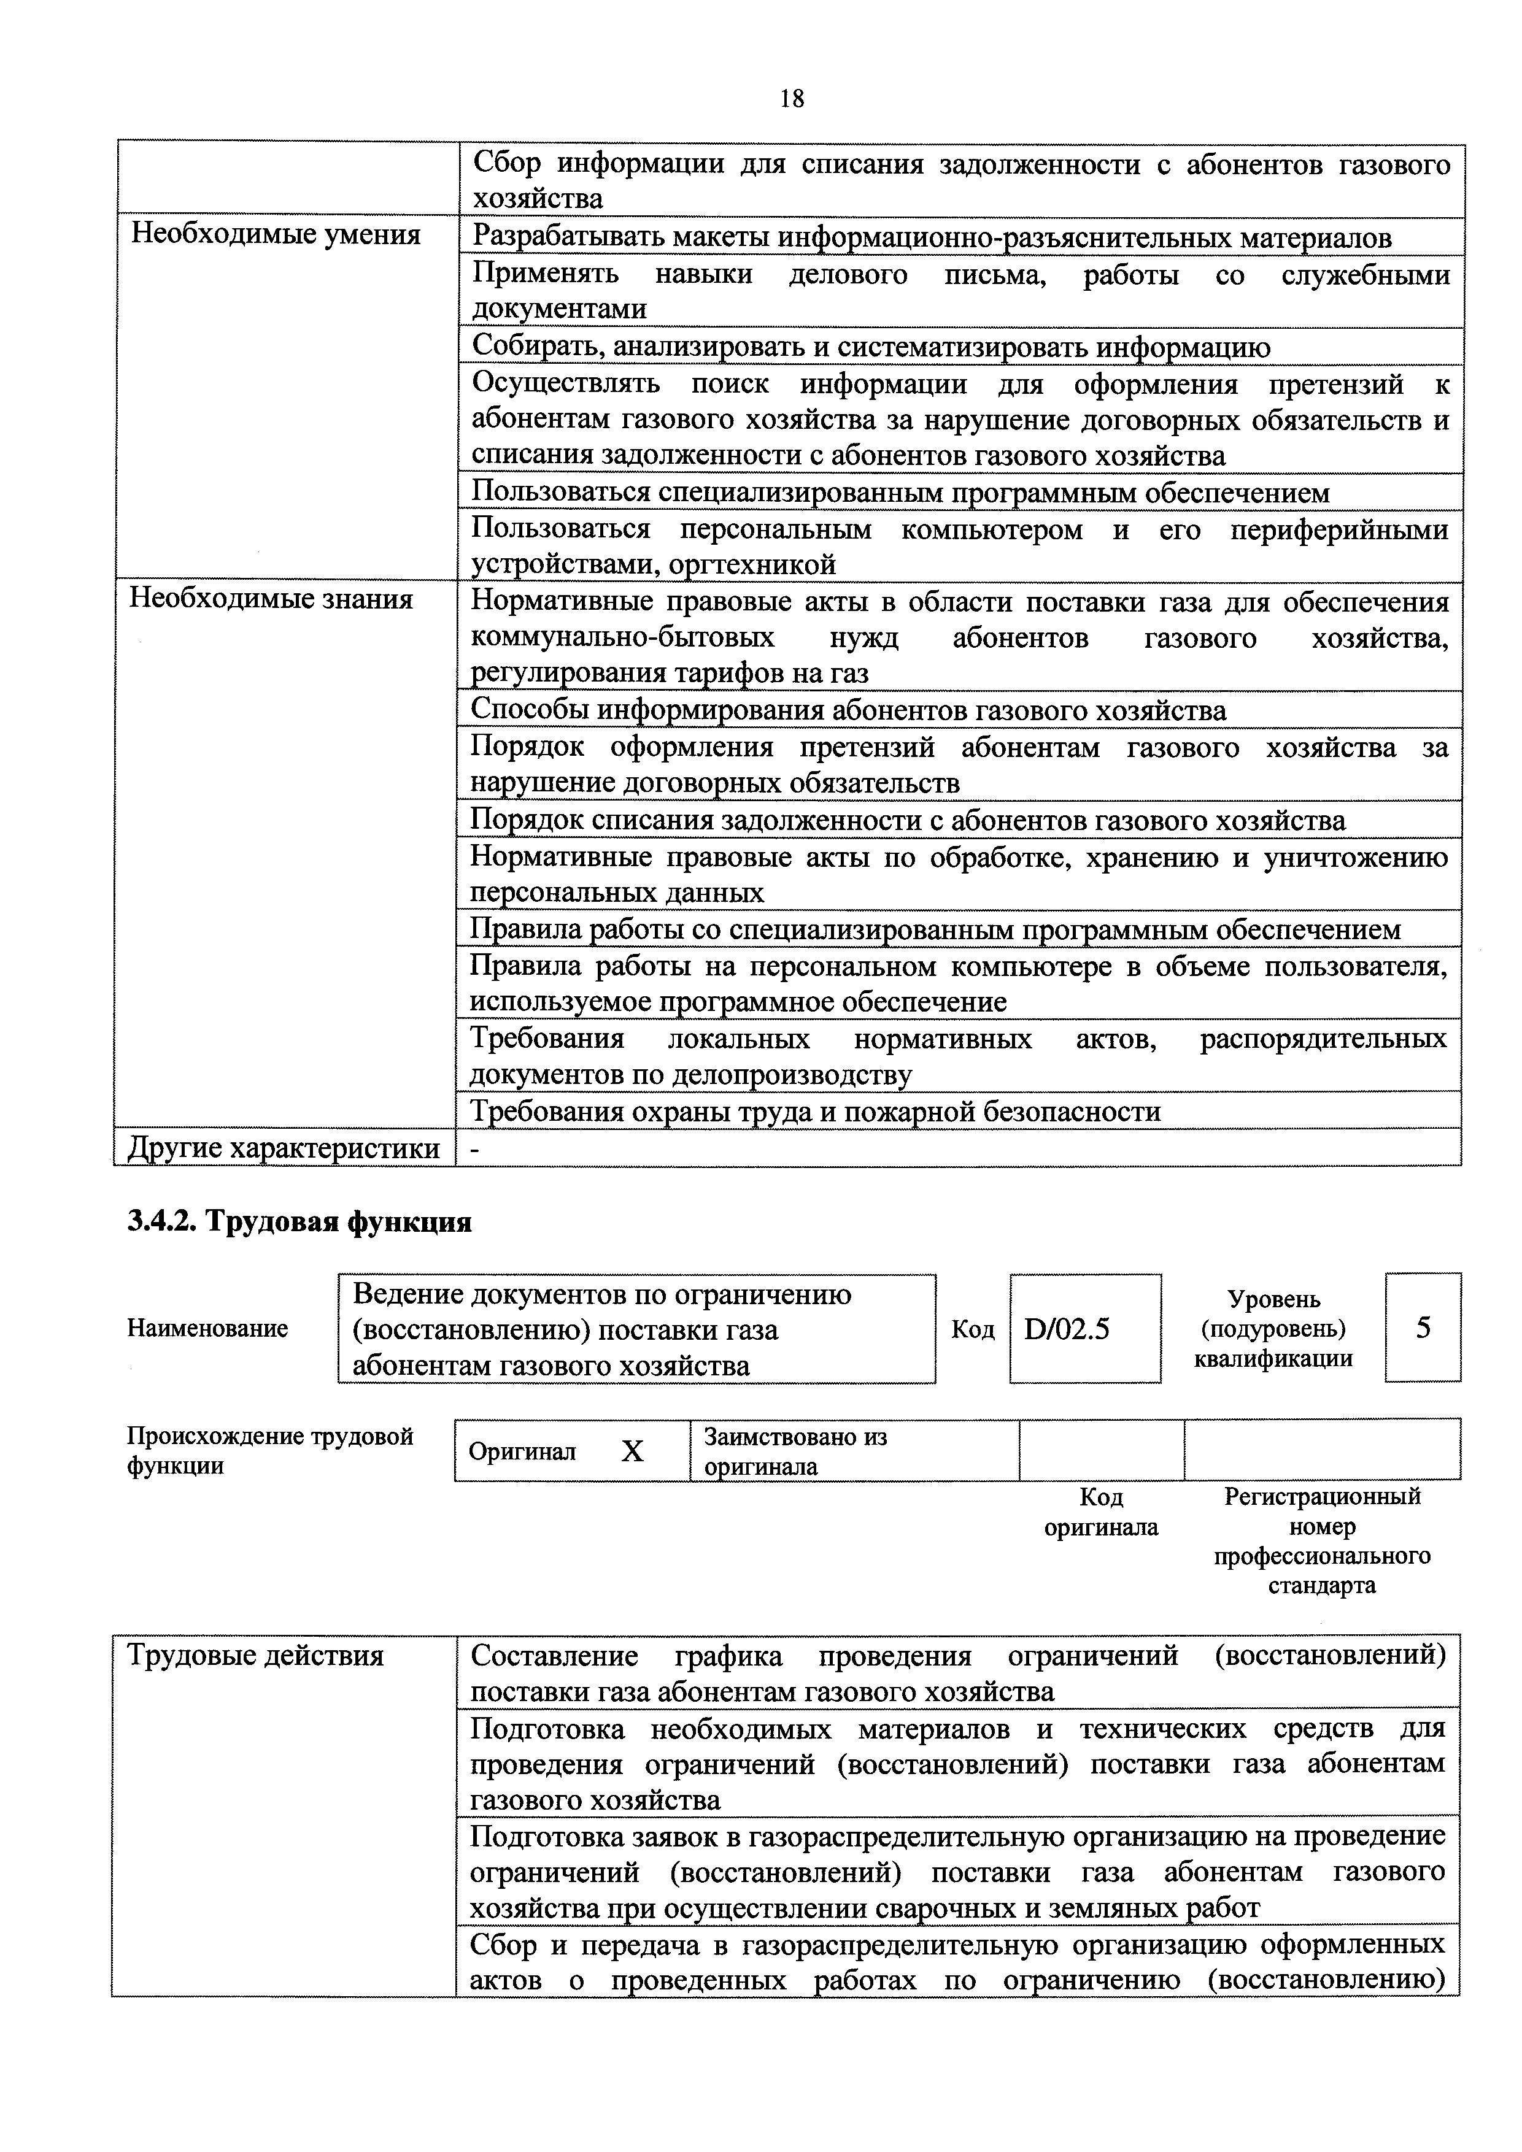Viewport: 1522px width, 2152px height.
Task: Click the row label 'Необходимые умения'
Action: coord(276,234)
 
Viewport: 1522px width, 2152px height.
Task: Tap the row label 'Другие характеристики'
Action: coord(283,1148)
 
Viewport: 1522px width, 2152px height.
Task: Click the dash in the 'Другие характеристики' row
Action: coord(474,1149)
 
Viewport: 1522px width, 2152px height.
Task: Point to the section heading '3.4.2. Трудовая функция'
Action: coord(300,1222)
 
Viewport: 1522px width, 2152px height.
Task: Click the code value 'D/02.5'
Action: coord(1067,1328)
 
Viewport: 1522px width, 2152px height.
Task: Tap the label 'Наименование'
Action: coord(207,1328)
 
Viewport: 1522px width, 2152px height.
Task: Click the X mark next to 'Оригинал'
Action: coord(633,1452)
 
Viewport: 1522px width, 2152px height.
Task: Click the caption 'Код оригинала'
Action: coord(1101,1512)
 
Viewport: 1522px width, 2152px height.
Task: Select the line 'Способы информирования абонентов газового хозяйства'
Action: coord(848,710)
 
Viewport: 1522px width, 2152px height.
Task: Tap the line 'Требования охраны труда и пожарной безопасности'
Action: coord(815,1112)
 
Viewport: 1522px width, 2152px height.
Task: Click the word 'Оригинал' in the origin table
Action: coord(522,1452)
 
